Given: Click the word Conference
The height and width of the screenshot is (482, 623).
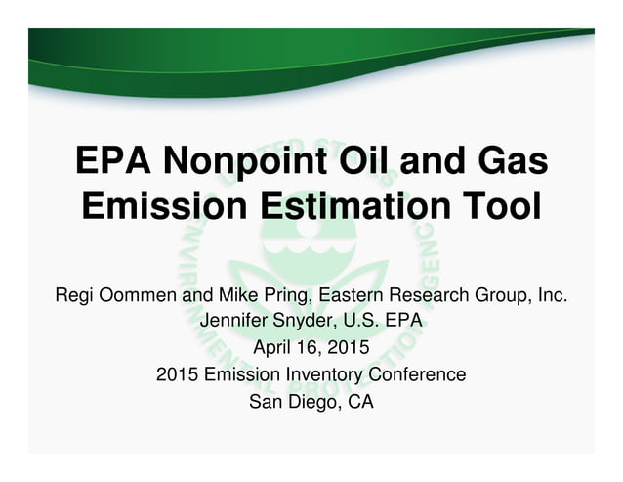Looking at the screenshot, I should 417,373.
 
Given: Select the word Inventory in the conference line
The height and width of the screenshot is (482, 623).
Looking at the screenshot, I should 328,373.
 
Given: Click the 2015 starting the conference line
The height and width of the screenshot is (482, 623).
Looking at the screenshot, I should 176,373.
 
